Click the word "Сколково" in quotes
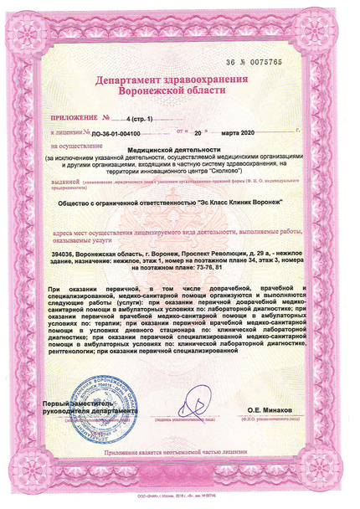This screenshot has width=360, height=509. (x=253, y=170)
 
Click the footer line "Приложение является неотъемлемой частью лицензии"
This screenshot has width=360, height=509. (x=178, y=451)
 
